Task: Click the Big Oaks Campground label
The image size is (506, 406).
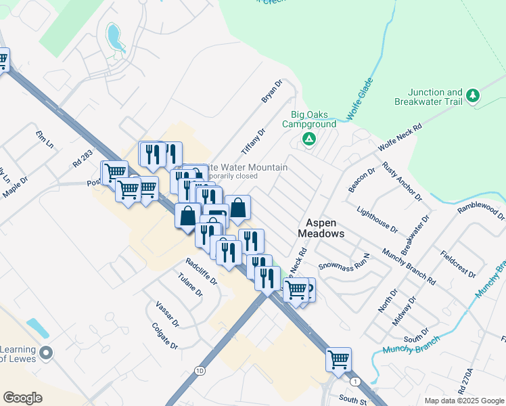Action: (313, 120)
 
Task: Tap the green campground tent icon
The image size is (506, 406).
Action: (308, 139)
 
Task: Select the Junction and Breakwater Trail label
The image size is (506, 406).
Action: (435, 97)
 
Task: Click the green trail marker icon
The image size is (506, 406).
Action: (474, 96)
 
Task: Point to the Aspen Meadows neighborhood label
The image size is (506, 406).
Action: (321, 227)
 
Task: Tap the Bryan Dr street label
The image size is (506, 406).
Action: (271, 92)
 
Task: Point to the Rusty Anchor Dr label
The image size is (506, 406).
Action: (402, 181)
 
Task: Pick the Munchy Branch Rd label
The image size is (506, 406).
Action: (407, 265)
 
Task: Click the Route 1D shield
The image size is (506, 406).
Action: (199, 371)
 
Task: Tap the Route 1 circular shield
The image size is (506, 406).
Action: (356, 382)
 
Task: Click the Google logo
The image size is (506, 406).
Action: (23, 397)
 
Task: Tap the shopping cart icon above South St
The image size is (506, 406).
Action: (338, 359)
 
